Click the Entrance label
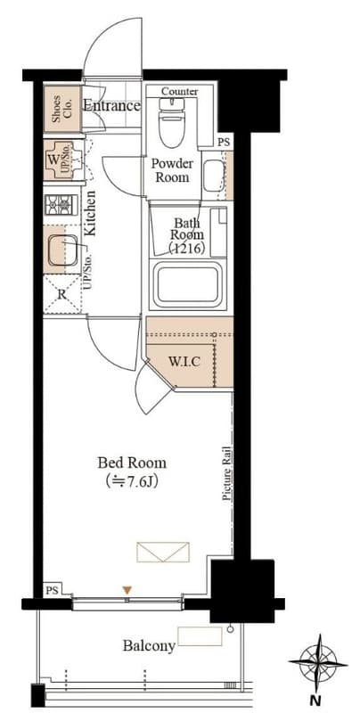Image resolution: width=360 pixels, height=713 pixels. [111, 106]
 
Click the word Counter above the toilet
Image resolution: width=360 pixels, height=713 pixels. [179, 92]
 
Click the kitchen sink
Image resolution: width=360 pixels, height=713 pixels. [62, 250]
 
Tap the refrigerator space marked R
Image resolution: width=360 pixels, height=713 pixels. [62, 294]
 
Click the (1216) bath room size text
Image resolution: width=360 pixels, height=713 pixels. [186, 249]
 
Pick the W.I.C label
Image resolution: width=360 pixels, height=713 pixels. [184, 363]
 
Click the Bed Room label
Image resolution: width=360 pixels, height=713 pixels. [132, 463]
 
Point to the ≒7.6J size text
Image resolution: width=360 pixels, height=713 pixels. [131, 481]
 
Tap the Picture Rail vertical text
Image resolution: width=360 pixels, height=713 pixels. [227, 474]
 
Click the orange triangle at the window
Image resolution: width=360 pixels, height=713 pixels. [127, 590]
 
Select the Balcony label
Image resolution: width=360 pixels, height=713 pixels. [149, 645]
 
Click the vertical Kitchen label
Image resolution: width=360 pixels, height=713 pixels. [90, 213]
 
